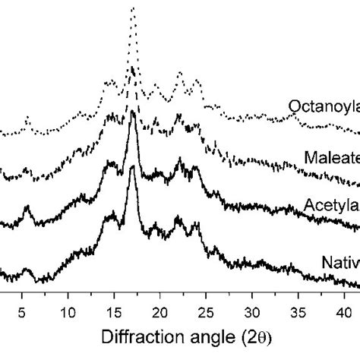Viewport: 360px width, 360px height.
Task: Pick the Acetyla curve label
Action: (x=331, y=205)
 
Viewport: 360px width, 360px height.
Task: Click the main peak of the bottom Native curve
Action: (x=133, y=168)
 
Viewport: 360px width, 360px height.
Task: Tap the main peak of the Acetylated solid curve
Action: (x=133, y=113)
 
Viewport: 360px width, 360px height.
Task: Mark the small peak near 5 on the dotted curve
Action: (x=27, y=118)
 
